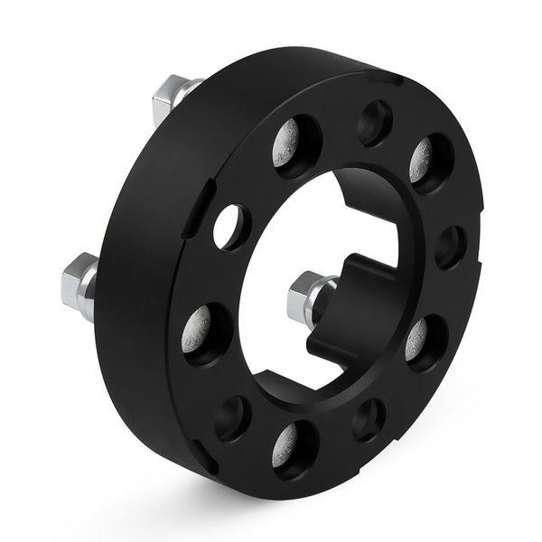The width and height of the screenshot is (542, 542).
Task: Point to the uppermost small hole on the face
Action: click(x=373, y=122)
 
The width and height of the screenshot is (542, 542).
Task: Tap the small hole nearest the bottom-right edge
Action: click(x=369, y=420)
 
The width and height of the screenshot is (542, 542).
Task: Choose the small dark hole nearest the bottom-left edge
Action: click(x=232, y=416)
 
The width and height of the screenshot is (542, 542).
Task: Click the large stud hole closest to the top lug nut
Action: click(x=298, y=145)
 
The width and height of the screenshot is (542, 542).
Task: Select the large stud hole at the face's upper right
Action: click(x=430, y=163)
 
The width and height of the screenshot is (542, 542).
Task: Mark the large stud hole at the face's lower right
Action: click(x=426, y=341)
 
